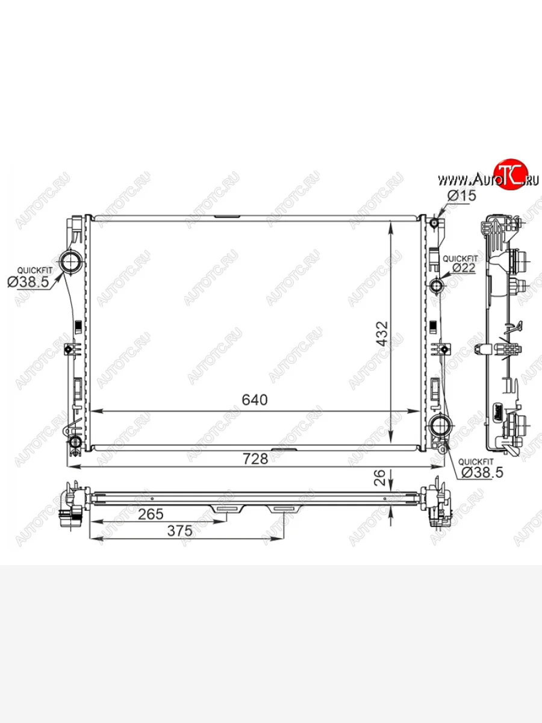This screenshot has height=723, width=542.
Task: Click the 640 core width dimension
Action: tap(255, 400)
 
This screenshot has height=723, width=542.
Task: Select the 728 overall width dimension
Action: tap(255, 459)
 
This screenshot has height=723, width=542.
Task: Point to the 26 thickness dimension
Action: tap(379, 478)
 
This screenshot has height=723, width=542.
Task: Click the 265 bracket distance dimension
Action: tap(151, 514)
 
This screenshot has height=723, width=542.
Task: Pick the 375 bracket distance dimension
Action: tap(179, 531)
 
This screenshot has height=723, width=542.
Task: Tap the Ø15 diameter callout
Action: tap(462, 196)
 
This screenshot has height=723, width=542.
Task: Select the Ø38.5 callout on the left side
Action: tap(28, 281)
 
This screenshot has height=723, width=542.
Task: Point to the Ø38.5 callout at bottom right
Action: tap(482, 473)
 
